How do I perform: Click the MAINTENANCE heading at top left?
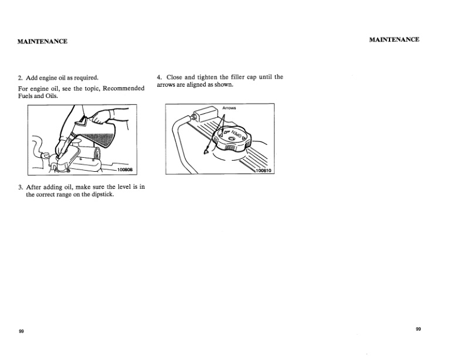point(42,41)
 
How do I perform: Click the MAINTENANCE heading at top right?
point(394,39)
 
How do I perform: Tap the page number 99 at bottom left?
point(21,332)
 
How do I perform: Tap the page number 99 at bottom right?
point(418,329)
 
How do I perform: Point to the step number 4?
point(159,77)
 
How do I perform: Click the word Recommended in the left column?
point(123,88)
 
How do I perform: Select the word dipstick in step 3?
point(101,195)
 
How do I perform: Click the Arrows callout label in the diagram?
point(229,108)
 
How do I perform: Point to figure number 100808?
point(126,169)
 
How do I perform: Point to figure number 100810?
point(265,171)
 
